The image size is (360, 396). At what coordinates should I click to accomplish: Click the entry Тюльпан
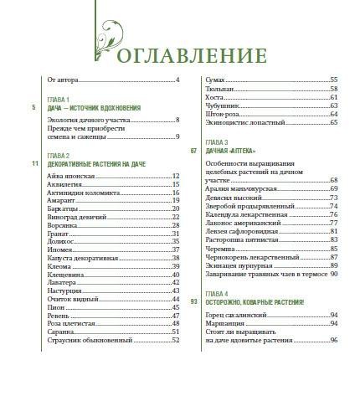tap(219, 88)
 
